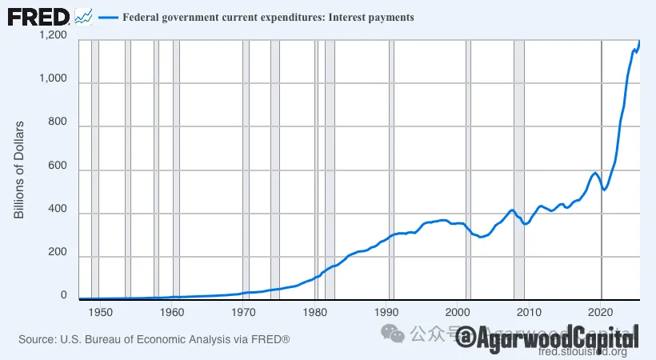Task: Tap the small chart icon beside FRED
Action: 83,16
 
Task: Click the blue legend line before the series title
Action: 107,17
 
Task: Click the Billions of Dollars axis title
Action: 19,170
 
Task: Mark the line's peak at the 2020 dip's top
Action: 594,173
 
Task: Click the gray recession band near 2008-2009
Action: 518,168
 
